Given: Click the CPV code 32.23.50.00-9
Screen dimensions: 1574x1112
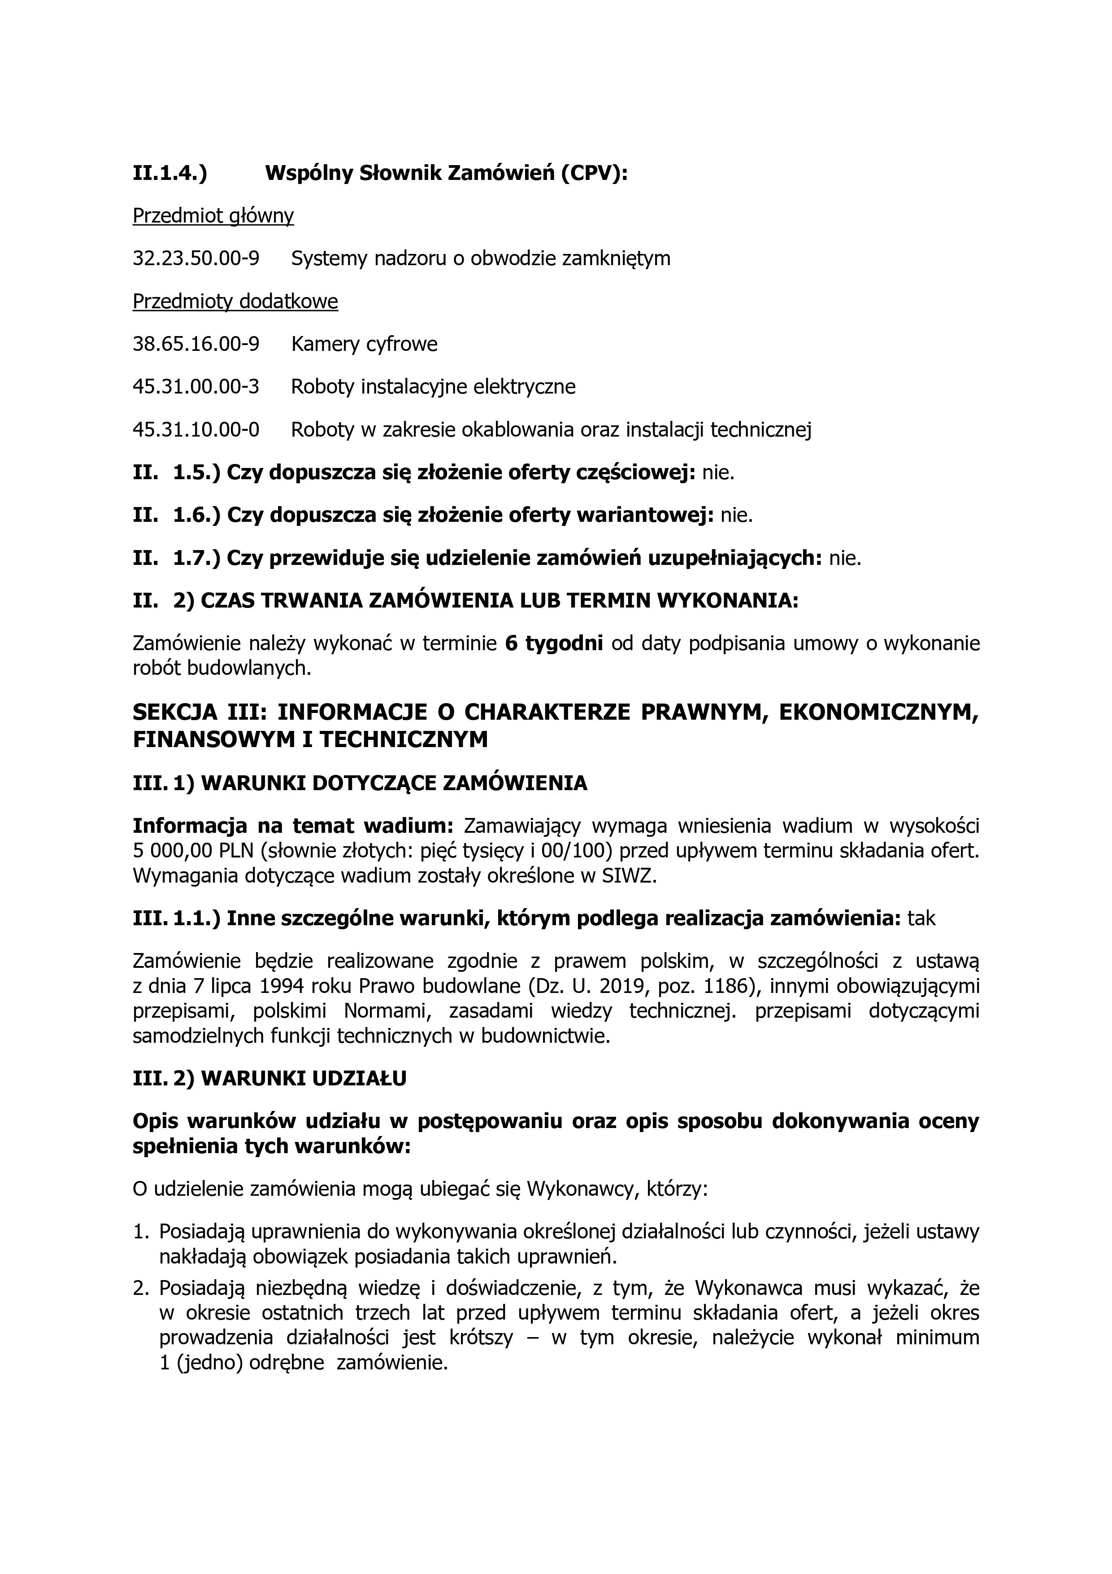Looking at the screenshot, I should pos(196,258).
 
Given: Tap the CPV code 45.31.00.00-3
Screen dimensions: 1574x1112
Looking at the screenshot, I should pos(196,387).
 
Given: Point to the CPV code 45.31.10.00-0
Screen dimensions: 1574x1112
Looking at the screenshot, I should pos(196,430).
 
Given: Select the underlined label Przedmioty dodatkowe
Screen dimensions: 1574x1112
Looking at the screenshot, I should pos(235,302).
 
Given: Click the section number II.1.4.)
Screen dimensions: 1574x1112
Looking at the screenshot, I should pos(170,174).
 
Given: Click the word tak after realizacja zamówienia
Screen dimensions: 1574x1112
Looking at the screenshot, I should pos(921,918).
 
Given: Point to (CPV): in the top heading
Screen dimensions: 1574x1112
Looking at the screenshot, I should pos(594,174).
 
